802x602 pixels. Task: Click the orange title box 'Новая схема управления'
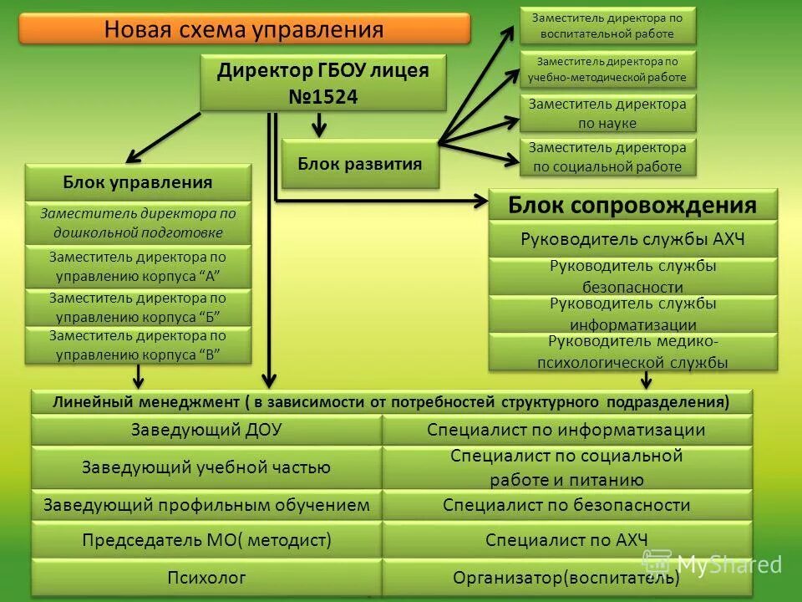(x=244, y=30)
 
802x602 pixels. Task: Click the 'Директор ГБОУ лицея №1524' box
(x=323, y=83)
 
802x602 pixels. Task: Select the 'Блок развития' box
(x=360, y=163)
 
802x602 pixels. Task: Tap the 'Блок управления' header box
(x=138, y=182)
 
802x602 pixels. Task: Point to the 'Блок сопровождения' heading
(x=632, y=205)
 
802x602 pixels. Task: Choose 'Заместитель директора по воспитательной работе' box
(x=607, y=24)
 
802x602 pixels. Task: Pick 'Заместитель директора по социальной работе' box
(x=607, y=157)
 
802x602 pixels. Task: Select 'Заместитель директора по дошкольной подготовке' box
(x=138, y=222)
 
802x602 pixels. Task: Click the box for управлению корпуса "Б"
(x=138, y=307)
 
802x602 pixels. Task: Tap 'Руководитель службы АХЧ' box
(x=632, y=240)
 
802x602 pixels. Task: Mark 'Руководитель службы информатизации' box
(x=632, y=314)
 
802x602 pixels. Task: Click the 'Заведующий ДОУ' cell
(x=206, y=430)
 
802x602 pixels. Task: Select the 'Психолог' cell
(x=206, y=577)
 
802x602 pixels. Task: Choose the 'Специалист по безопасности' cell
(x=566, y=505)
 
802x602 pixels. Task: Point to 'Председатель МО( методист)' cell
(x=206, y=539)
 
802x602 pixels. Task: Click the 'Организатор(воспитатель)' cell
(x=566, y=577)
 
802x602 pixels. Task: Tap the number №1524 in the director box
(x=323, y=97)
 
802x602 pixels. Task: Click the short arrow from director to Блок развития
(x=318, y=125)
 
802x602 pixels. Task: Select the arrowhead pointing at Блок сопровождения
(x=480, y=201)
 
